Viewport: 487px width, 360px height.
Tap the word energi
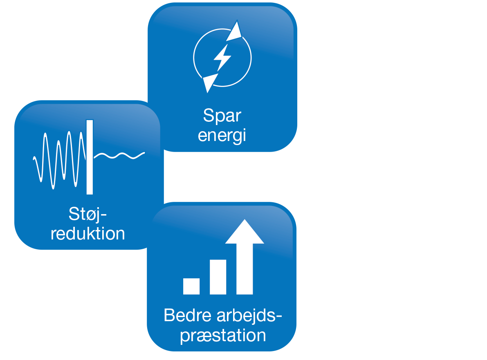pyautogui.click(x=222, y=136)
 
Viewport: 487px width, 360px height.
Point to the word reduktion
pyautogui.click(x=88, y=234)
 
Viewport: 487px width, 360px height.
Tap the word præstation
pyautogui.click(x=223, y=335)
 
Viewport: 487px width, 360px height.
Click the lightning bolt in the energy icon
pyautogui.click(x=222, y=58)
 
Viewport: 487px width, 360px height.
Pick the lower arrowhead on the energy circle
pyautogui.click(x=210, y=82)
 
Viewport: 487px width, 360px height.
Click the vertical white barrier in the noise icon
pyautogui.click(x=90, y=157)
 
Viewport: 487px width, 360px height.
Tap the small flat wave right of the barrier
pyautogui.click(x=119, y=155)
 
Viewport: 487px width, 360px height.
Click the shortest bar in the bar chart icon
pyautogui.click(x=191, y=286)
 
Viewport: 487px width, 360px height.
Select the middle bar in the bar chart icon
pyautogui.click(x=218, y=277)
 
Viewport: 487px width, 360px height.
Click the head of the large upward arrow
pyautogui.click(x=245, y=232)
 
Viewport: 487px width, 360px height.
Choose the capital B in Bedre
pyautogui.click(x=169, y=316)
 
